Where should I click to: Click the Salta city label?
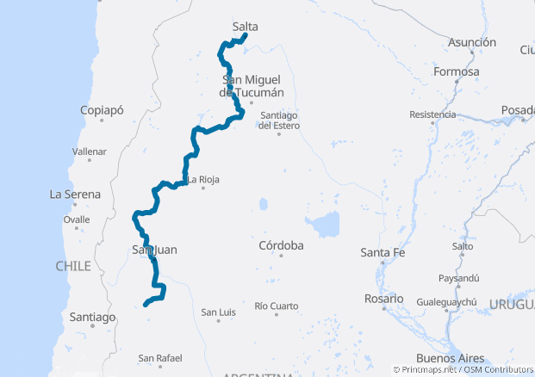246,27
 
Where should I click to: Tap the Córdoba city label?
281,245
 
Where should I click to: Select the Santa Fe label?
383,252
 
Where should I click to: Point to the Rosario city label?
383,298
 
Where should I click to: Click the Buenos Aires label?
450,357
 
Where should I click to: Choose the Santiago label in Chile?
92,317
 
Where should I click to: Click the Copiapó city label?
102,110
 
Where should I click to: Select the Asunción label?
472,42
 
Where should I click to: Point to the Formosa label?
457,71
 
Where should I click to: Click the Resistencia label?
432,114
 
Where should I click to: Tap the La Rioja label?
204,179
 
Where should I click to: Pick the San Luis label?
218,312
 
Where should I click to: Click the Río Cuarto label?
277,306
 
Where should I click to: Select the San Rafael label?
160,357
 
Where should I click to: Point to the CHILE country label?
73,266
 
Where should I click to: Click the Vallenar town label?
90,151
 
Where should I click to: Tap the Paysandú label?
458,278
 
